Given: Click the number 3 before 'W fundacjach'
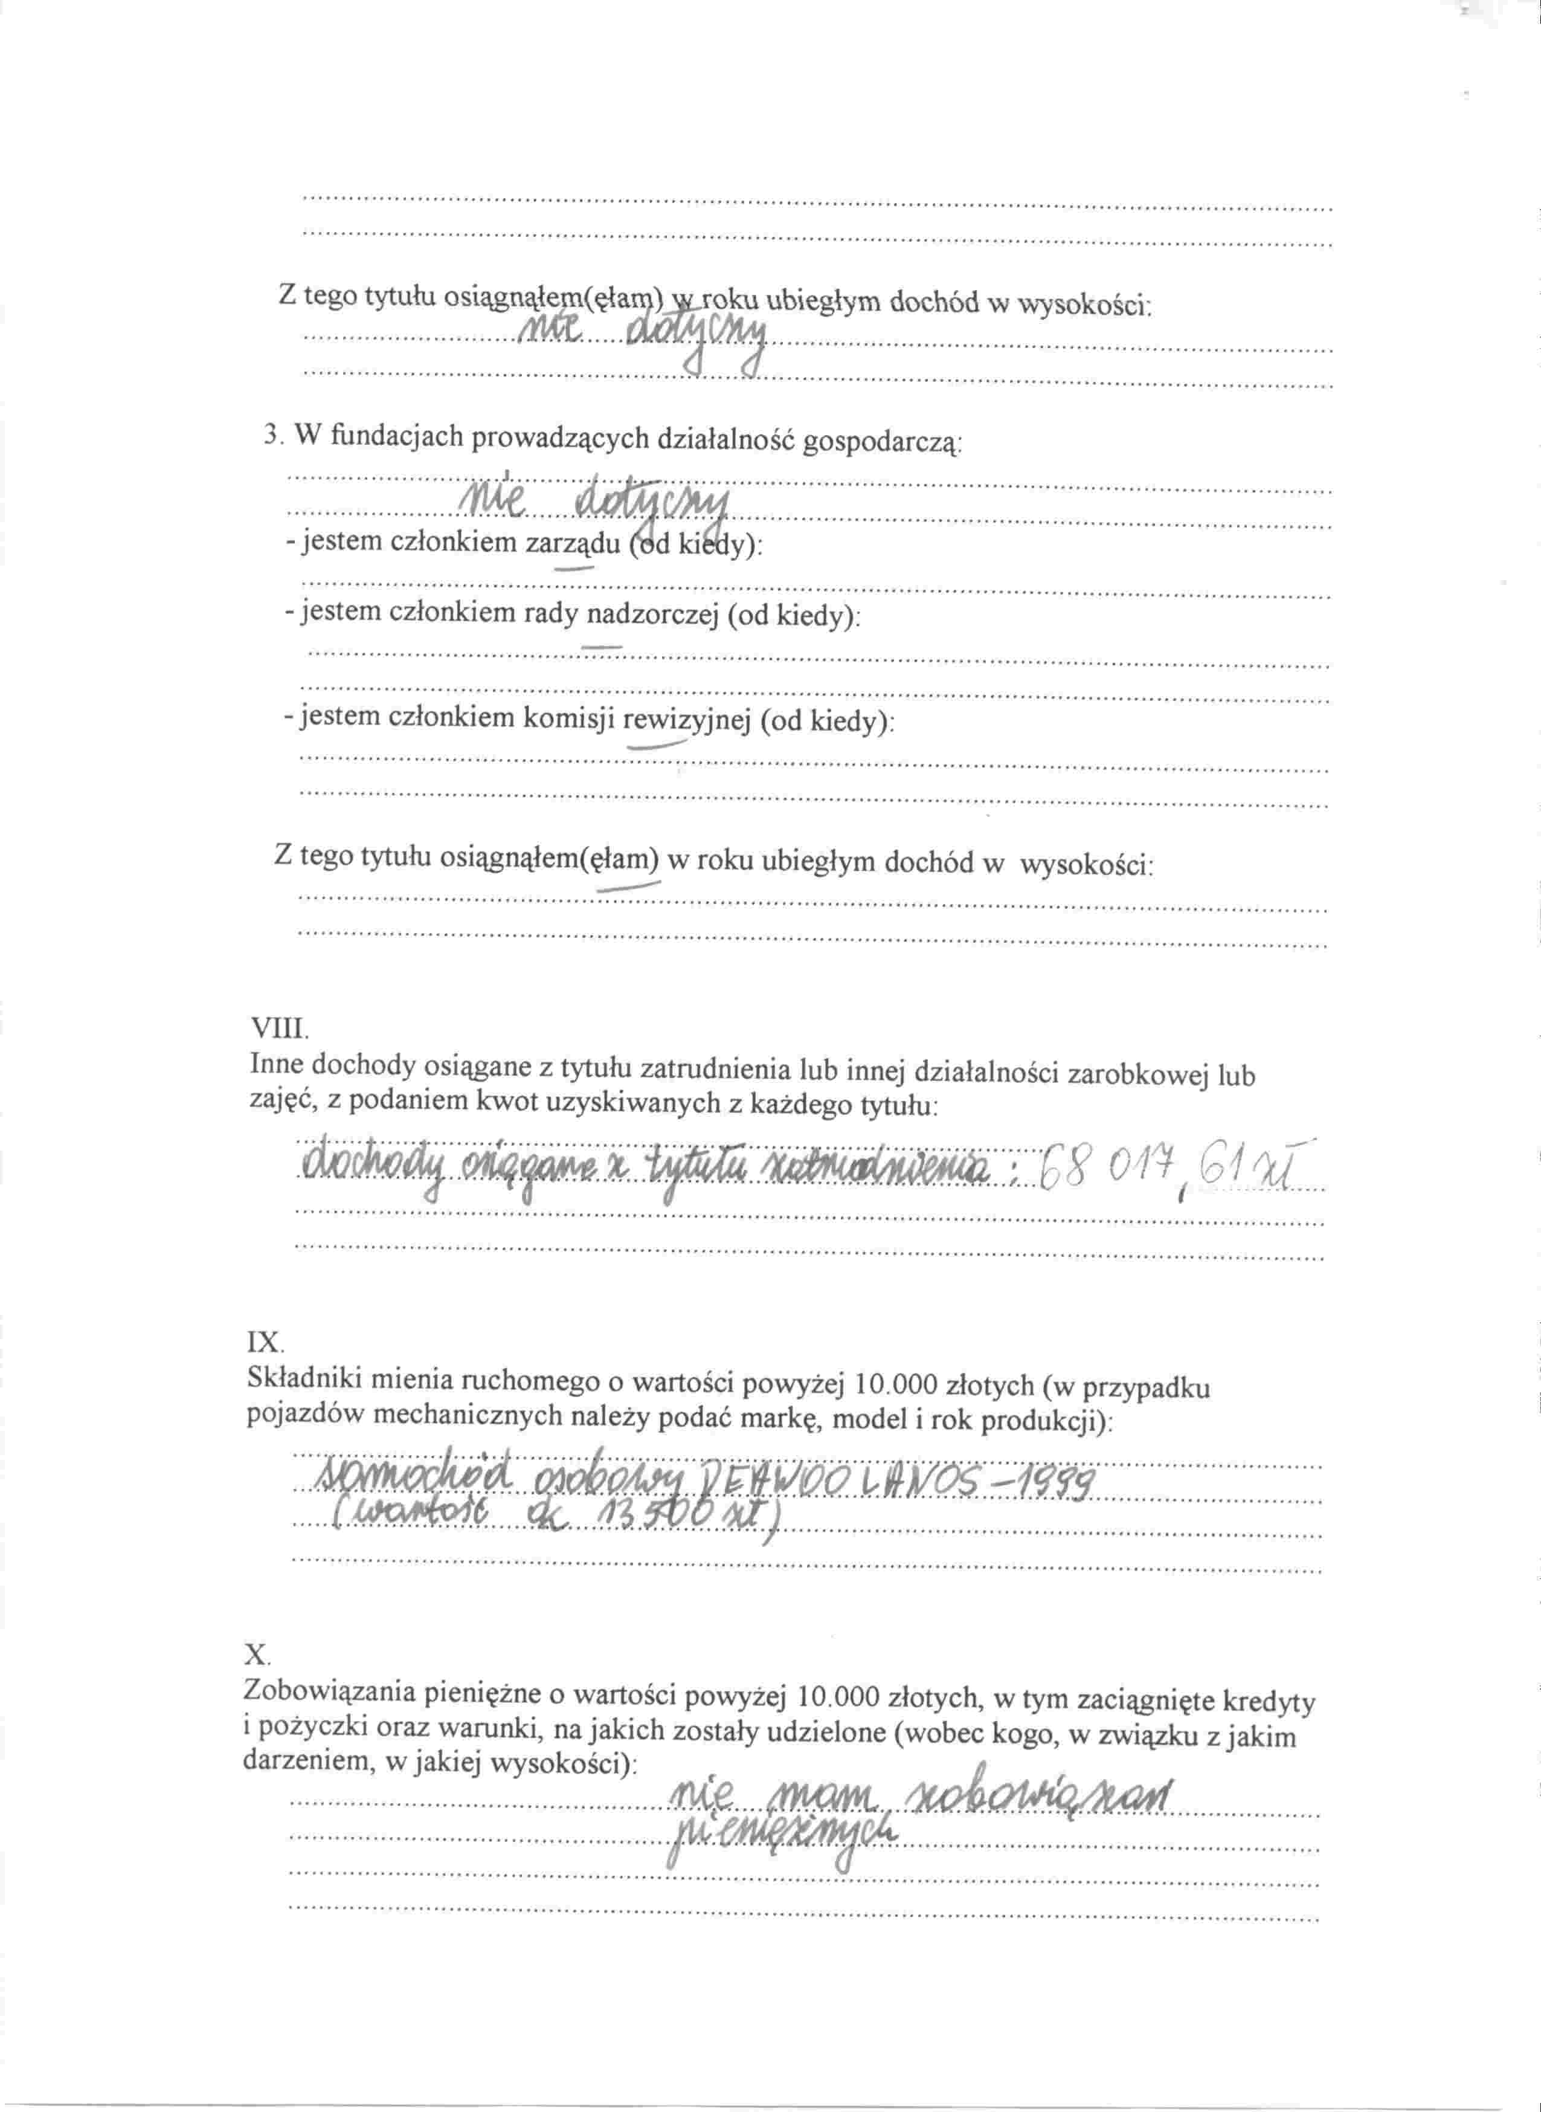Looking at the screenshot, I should tap(272, 436).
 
